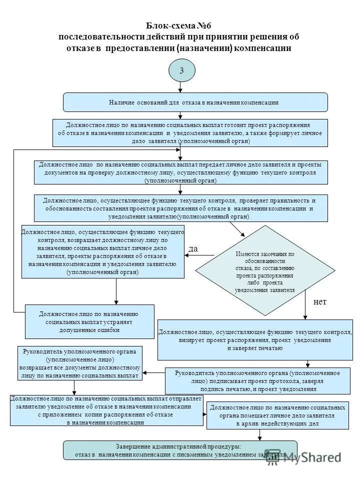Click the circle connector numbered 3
[x=181, y=70]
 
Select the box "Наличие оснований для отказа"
[x=195, y=102]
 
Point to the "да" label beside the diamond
[x=193, y=248]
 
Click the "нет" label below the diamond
[x=319, y=302]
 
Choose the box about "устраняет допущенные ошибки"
[x=89, y=322]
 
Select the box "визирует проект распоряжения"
[x=255, y=339]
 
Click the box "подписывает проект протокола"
[x=258, y=381]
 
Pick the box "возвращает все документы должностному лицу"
[x=80, y=362]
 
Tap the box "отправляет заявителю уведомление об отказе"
[x=106, y=410]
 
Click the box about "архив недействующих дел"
[x=277, y=415]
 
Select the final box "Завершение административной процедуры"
[x=180, y=450]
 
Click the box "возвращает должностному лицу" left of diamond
[x=102, y=252]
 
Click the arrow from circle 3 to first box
[x=181, y=87]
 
